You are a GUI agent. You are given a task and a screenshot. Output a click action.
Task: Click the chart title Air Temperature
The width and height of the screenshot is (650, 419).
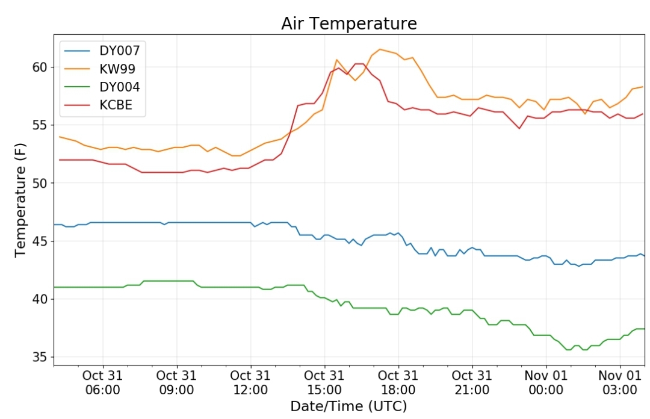click(x=348, y=23)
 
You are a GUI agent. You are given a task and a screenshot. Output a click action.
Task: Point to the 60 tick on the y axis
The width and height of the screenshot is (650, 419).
click(x=40, y=67)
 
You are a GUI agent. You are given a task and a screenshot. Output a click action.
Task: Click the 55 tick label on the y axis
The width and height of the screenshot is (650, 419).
click(x=40, y=125)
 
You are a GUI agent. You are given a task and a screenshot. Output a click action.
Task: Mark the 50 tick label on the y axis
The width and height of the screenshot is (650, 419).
click(x=40, y=183)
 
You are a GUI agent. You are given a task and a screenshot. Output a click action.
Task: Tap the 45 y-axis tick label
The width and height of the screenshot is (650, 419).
click(x=40, y=241)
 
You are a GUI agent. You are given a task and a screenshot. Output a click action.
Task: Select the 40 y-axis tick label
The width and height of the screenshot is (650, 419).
click(x=40, y=299)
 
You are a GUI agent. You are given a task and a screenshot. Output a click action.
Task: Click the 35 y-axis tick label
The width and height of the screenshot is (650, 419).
click(x=40, y=357)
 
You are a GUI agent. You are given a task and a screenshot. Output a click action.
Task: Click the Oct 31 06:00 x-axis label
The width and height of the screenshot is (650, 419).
click(x=102, y=382)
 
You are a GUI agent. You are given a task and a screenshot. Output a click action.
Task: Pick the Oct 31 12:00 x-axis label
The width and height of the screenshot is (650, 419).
click(x=250, y=382)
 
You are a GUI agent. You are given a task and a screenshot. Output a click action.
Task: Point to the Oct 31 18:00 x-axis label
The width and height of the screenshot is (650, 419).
click(x=398, y=382)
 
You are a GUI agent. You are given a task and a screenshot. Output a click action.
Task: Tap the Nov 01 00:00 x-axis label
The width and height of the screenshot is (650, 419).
click(x=546, y=382)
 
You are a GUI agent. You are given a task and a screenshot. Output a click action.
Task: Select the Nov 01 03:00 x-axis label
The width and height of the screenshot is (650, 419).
click(x=620, y=382)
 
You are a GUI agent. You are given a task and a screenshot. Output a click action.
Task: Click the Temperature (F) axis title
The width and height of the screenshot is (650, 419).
click(x=20, y=200)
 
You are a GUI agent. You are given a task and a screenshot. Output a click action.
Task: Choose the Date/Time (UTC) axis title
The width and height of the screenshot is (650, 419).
click(x=348, y=406)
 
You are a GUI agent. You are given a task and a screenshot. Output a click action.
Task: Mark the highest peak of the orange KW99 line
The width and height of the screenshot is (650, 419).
click(x=380, y=49)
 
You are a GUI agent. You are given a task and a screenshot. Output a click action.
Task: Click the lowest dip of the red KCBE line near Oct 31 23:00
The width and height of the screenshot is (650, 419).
click(x=519, y=128)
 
